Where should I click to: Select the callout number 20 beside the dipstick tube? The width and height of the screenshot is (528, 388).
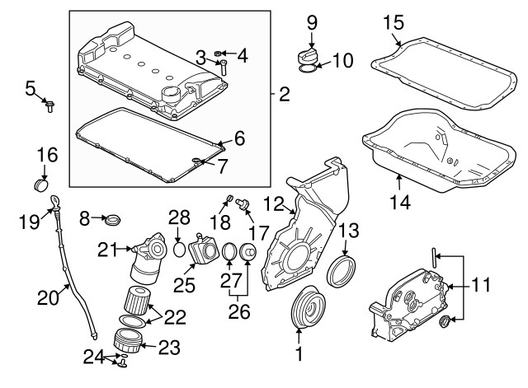pyautogui.click(x=47, y=294)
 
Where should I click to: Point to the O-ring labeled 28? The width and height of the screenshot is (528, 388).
pyautogui.click(x=179, y=248)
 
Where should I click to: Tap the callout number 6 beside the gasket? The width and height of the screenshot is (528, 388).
pyautogui.click(x=238, y=138)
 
